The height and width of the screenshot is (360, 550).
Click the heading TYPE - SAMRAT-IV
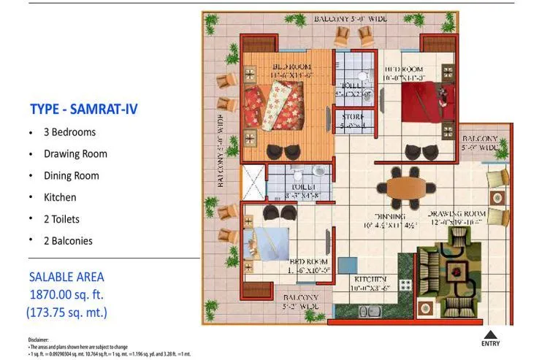pos(83,110)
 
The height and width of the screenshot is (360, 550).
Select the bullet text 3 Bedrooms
pos(69,132)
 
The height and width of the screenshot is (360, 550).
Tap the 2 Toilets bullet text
pos(61,218)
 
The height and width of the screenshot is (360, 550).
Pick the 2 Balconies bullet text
pos(68,240)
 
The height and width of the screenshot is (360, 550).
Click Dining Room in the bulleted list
pos(71,175)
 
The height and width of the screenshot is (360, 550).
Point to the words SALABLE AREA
pos(66,277)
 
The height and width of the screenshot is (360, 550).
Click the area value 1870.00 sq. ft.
pos(66,294)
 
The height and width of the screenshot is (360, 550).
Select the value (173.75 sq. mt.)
pos(66,313)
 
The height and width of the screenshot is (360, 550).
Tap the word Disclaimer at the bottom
pos(39,339)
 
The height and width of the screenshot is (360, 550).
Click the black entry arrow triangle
pos(491,334)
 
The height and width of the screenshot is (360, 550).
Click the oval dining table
pos(405,187)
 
